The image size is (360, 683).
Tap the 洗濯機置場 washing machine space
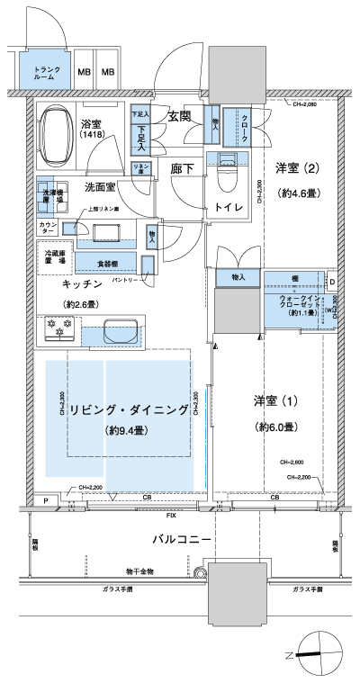[x=52, y=197]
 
